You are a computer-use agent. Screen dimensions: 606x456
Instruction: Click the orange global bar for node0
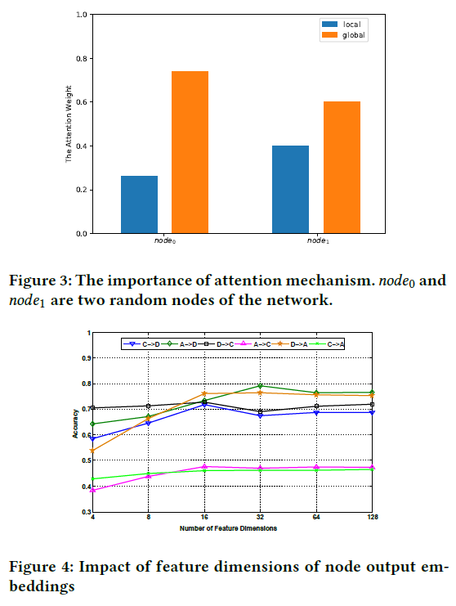[x=189, y=152]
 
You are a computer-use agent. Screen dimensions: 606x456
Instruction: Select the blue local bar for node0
[x=139, y=204]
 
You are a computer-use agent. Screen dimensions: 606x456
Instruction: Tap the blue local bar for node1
[x=290, y=189]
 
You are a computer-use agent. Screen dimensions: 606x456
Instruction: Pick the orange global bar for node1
[x=341, y=167]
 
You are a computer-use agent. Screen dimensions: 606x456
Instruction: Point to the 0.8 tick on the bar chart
[x=80, y=59]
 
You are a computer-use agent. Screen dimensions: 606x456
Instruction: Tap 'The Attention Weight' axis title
[x=69, y=123]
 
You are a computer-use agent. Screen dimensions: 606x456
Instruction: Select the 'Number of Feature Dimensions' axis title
[x=228, y=528]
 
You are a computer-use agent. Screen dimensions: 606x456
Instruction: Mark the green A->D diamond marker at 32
[x=261, y=386]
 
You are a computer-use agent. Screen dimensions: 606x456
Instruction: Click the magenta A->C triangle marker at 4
[x=92, y=490]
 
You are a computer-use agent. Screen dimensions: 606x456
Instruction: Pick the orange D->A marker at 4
[x=92, y=451]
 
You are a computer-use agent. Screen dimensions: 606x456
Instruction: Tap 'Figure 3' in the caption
[x=35, y=281]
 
